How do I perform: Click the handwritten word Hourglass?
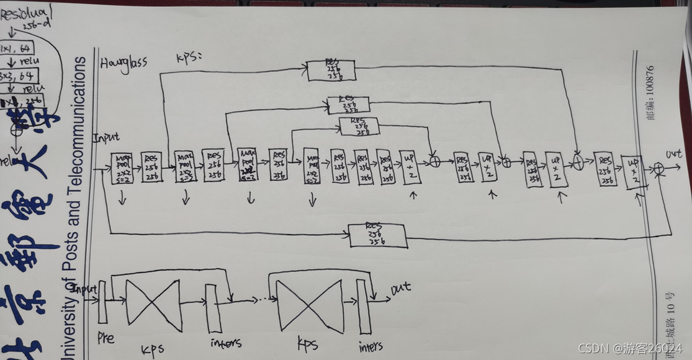click(124, 64)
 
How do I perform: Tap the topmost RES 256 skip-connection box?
click(331, 70)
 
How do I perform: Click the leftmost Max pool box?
click(122, 168)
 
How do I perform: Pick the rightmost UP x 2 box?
click(634, 173)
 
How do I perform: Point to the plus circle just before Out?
click(658, 168)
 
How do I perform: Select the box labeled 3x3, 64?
click(18, 76)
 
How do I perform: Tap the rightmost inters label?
click(371, 346)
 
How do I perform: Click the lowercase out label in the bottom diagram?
click(401, 289)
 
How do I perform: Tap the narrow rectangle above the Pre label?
click(102, 302)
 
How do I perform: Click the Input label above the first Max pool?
click(106, 137)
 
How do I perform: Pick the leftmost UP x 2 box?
click(410, 167)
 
